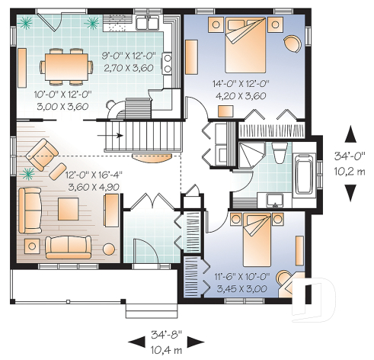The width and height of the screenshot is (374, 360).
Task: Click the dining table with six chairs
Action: pyautogui.click(x=65, y=64)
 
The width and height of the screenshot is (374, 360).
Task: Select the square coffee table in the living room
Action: pyautogui.click(x=67, y=208)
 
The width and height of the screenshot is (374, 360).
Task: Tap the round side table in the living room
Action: pyautogui.click(x=32, y=245)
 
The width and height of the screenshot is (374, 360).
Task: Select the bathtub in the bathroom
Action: pyautogui.click(x=302, y=175)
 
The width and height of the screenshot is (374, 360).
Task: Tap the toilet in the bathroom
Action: pyautogui.click(x=279, y=153)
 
